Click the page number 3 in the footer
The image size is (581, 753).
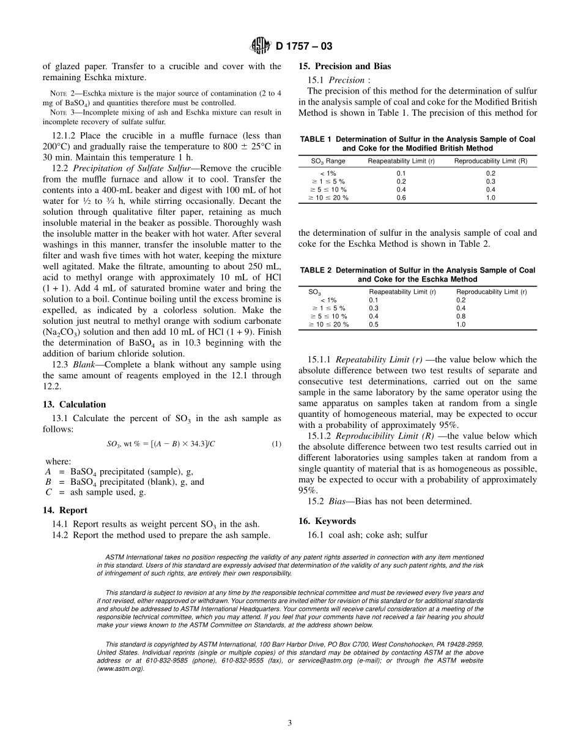pyautogui.click(x=290, y=723)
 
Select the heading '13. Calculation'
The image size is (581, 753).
pyautogui.click(x=74, y=405)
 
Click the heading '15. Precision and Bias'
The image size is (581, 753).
pyautogui.click(x=344, y=66)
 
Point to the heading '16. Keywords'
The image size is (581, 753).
pyautogui.click(x=327, y=521)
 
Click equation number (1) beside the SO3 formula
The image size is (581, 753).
pyautogui.click(x=276, y=444)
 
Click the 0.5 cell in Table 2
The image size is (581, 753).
pyautogui.click(x=374, y=324)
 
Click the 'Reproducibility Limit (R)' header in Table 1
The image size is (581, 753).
pyautogui.click(x=490, y=161)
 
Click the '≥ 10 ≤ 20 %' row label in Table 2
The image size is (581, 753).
pyautogui.click(x=328, y=324)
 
